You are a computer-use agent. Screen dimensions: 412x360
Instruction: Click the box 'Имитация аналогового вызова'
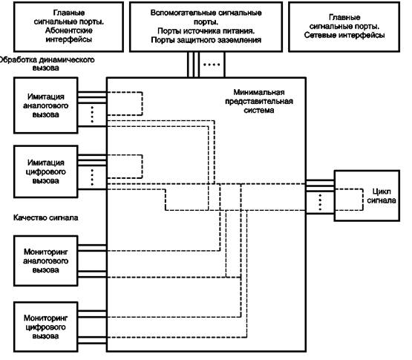pos(46,105)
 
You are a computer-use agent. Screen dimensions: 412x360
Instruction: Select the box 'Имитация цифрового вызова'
pos(46,171)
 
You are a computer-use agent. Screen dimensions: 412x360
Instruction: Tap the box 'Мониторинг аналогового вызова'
pos(46,261)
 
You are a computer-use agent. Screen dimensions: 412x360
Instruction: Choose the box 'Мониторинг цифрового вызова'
pos(46,327)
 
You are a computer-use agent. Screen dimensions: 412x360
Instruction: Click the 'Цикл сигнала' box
pos(367,196)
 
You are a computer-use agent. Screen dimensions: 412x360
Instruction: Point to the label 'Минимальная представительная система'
pos(259,101)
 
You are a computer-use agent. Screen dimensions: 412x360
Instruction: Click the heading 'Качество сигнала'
pos(46,217)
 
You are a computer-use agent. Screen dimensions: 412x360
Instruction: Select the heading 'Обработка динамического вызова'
pos(46,64)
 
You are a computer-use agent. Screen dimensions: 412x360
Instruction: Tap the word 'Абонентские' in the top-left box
pos(69,30)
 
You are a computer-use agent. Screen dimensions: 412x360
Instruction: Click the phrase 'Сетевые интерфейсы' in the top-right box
pos(344,35)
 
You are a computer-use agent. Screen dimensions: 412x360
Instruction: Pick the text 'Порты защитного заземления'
pos(206,40)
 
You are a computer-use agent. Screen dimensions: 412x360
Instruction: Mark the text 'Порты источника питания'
pos(206,31)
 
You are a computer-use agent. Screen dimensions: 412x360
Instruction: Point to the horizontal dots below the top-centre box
pos(212,65)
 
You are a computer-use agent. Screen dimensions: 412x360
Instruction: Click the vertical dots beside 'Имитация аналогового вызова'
pos(92,114)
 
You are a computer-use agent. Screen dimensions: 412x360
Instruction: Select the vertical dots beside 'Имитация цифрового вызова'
pos(92,177)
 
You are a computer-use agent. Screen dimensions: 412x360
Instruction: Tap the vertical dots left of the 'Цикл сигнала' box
pos(320,202)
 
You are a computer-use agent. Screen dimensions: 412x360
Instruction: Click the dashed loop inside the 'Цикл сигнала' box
pos(363,200)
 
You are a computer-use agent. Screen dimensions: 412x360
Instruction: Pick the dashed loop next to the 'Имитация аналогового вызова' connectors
pos(142,103)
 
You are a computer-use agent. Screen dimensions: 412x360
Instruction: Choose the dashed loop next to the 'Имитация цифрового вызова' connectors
pos(142,166)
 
